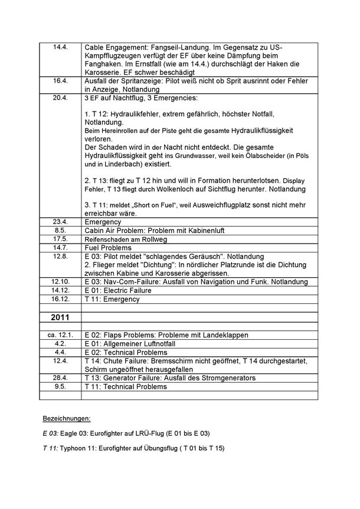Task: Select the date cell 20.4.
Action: [x=61, y=97]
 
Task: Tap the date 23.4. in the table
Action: [x=61, y=221]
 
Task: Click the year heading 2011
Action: [x=60, y=317]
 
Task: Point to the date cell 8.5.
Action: [x=61, y=229]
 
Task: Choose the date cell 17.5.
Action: [x=61, y=238]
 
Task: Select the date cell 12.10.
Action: [x=61, y=282]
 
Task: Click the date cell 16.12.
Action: [x=61, y=299]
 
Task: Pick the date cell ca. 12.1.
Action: [x=61, y=335]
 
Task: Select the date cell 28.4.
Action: [x=61, y=378]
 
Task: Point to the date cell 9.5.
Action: [x=61, y=387]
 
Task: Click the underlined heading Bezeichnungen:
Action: [x=66, y=418]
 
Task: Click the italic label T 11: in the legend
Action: [x=50, y=448]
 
